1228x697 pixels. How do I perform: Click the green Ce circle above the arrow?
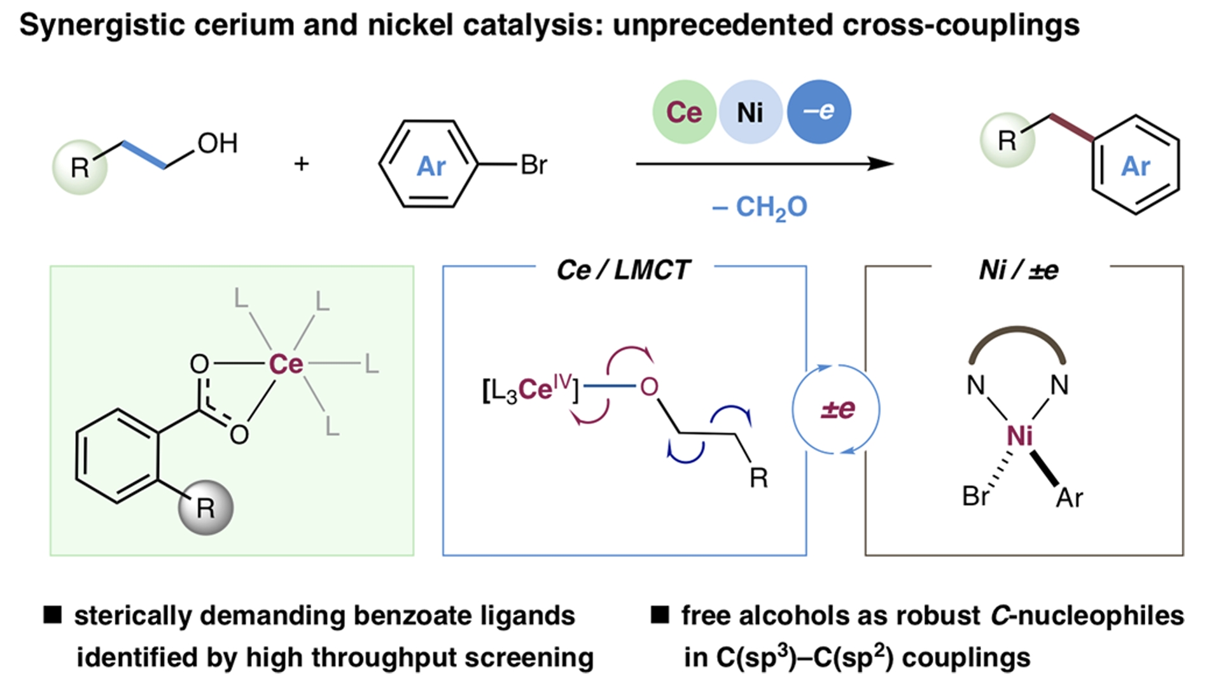(684, 112)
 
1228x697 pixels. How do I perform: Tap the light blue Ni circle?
(750, 112)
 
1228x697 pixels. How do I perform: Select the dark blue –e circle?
(818, 111)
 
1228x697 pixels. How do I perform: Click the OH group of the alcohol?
(218, 143)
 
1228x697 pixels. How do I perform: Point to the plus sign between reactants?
(302, 164)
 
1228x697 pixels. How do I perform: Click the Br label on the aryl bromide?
(533, 165)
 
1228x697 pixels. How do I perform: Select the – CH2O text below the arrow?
(760, 207)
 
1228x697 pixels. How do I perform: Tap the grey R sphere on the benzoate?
(206, 507)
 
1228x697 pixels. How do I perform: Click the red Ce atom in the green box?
(286, 364)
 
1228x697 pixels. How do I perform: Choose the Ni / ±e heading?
(1018, 270)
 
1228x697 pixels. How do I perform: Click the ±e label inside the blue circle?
(837, 409)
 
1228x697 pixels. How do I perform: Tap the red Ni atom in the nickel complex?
(1019, 436)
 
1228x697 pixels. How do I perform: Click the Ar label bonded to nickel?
(1069, 498)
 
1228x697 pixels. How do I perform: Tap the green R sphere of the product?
(1007, 141)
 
